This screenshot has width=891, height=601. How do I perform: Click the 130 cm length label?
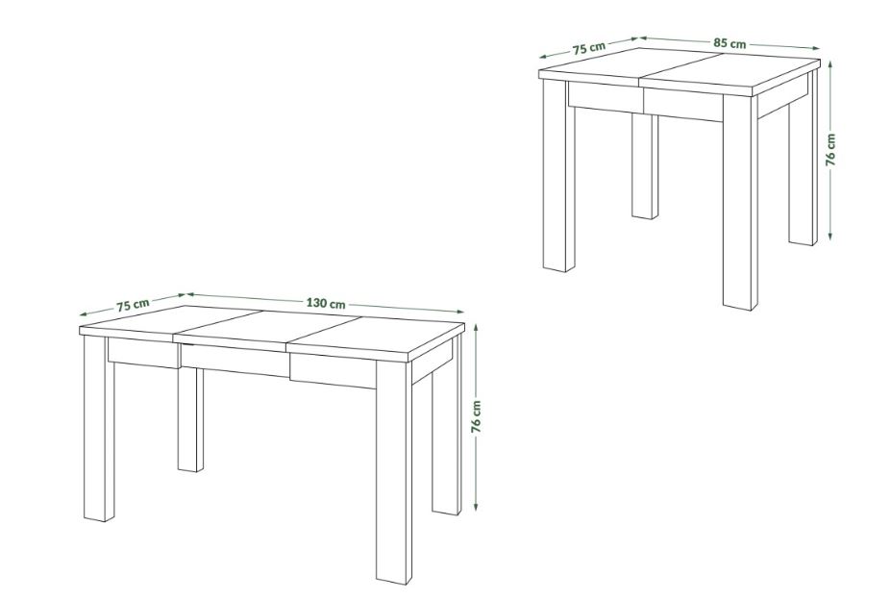click(x=326, y=303)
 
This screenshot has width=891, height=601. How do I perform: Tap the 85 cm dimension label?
click(x=730, y=43)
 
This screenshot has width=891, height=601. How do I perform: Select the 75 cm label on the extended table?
click(x=133, y=305)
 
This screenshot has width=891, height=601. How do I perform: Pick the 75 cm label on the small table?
click(x=588, y=48)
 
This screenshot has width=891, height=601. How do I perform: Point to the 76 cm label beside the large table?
click(x=476, y=416)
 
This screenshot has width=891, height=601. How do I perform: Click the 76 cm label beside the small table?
click(x=830, y=150)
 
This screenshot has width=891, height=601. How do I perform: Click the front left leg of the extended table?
click(x=99, y=428)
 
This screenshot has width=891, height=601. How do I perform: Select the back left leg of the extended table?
click(x=190, y=419)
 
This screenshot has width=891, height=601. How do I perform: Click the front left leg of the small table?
click(x=559, y=175)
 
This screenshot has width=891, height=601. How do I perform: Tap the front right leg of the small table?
click(x=740, y=202)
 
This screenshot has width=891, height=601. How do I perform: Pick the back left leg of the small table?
click(x=645, y=165)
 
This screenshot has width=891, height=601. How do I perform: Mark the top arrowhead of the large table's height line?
click(x=476, y=326)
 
